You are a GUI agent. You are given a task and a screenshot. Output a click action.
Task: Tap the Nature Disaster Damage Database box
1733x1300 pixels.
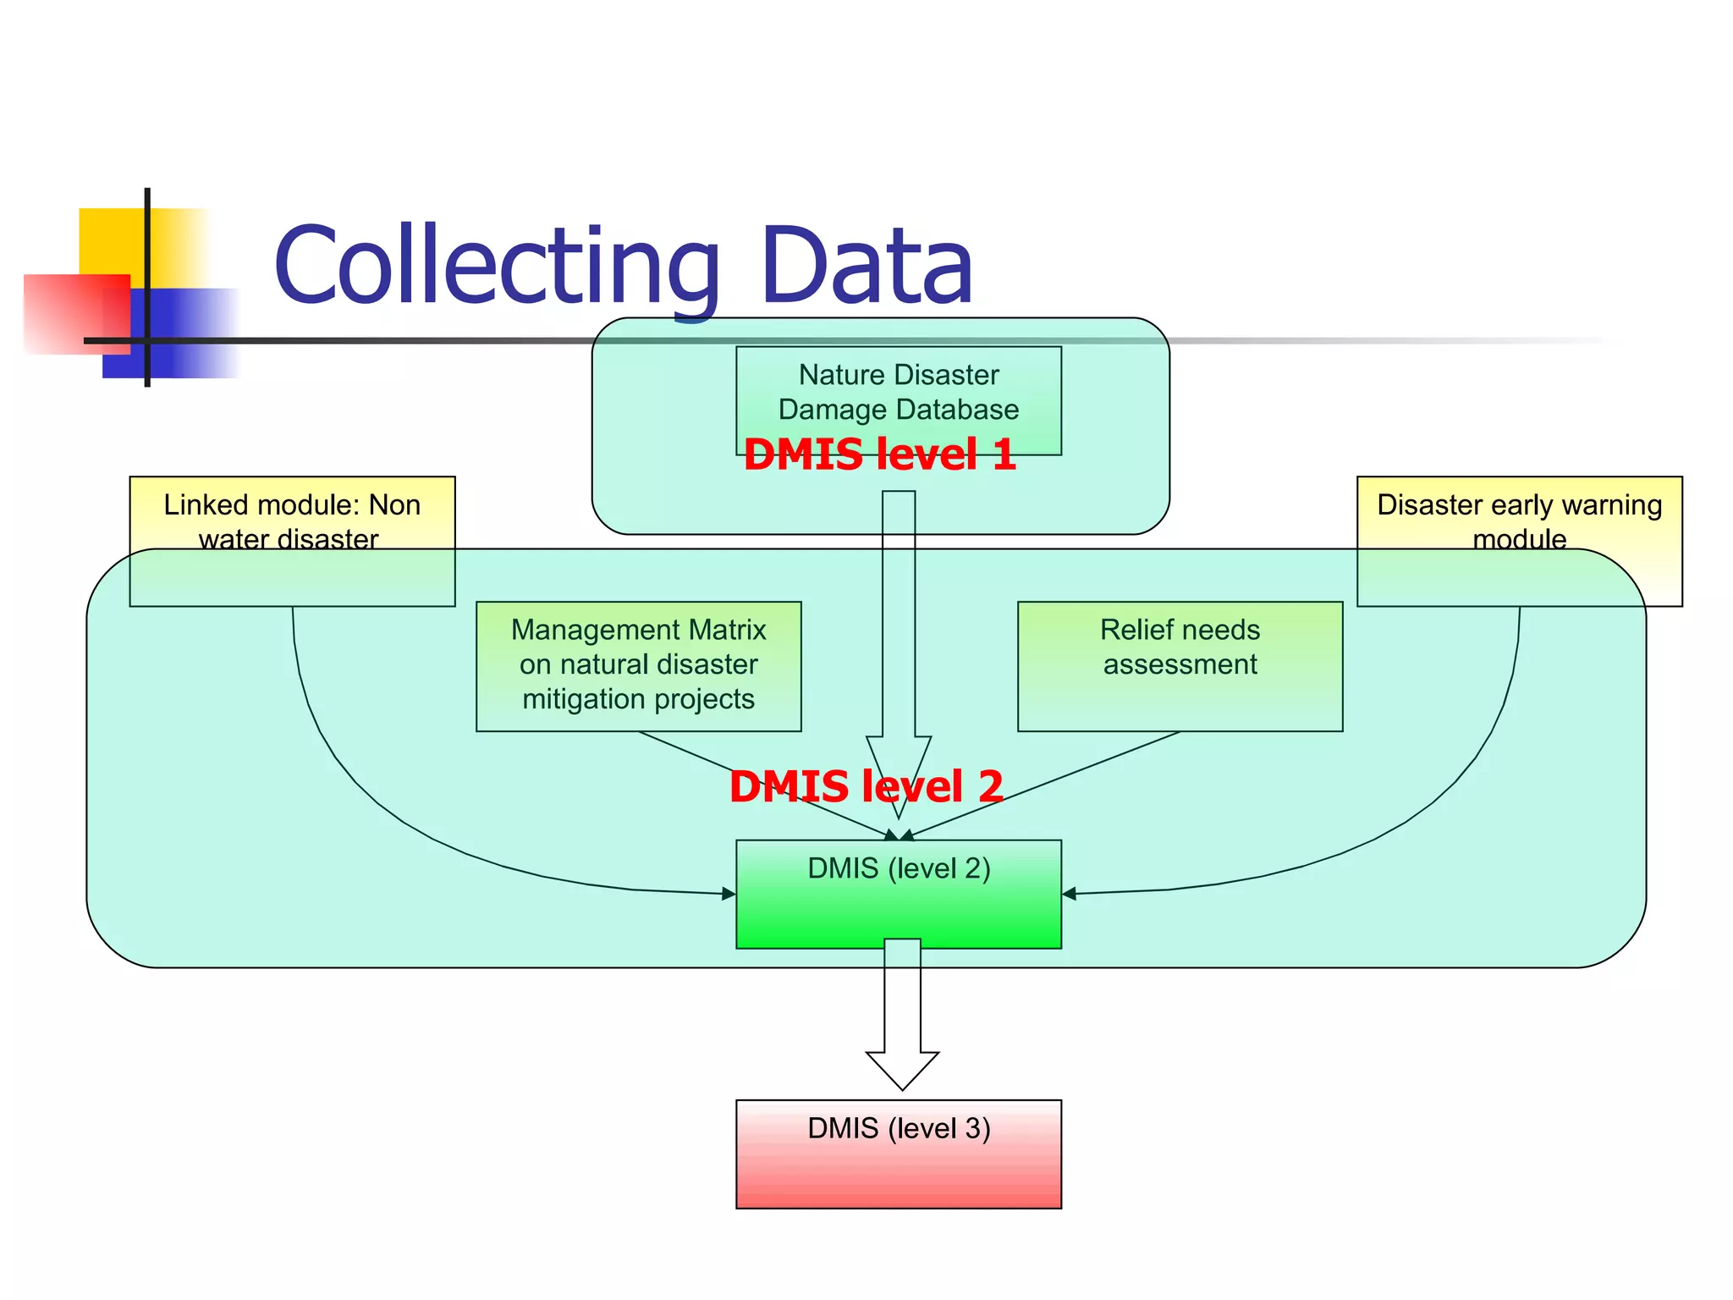click(898, 392)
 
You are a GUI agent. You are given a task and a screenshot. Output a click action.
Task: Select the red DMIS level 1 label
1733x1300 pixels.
click(879, 454)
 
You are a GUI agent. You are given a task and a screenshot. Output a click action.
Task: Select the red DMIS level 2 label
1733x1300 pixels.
click(866, 786)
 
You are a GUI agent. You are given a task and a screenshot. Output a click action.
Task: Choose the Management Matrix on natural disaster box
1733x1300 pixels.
click(638, 665)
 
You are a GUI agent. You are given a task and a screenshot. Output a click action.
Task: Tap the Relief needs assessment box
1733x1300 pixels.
click(1180, 665)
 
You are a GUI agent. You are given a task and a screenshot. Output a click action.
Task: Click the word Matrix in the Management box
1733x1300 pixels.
click(728, 630)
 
